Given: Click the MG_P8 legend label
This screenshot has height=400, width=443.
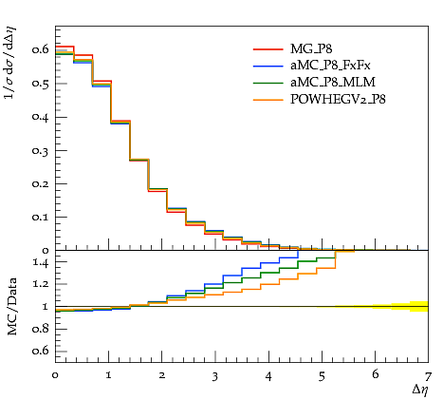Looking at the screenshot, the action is coord(311,49).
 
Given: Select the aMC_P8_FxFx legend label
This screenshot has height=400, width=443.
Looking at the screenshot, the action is coord(330,66).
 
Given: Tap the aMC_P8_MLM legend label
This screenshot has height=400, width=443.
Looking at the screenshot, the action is coord(333,83).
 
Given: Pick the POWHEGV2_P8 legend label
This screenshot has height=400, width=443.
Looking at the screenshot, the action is coord(338,100).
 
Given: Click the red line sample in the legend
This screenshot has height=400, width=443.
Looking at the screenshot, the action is coord(268,49).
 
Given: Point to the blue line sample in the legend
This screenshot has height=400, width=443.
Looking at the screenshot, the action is coord(268,66).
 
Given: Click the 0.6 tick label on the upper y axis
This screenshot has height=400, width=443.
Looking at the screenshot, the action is coord(40,49).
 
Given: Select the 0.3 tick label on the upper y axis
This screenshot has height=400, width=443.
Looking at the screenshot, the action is coord(40,150).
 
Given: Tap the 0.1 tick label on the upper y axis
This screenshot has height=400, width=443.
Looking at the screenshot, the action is coord(40,217).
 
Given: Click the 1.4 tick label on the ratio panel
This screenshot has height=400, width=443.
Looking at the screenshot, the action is coord(41,262).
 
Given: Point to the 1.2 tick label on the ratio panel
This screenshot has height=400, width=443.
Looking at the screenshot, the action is coord(41,284).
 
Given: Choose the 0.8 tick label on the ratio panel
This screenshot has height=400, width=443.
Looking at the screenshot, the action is coord(41,329).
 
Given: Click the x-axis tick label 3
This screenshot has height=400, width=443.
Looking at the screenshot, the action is coord(215,376).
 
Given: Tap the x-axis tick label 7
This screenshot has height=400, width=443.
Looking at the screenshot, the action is coord(428,376).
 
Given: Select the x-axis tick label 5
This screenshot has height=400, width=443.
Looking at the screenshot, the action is coord(322,376).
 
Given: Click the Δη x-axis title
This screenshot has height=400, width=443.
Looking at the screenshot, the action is coord(420,390).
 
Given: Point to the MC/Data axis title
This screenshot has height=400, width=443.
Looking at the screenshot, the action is coord(11,307).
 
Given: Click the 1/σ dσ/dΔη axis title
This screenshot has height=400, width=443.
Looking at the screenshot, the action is coord(10,63).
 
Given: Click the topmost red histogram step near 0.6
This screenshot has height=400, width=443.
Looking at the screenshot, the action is coord(65,47).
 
